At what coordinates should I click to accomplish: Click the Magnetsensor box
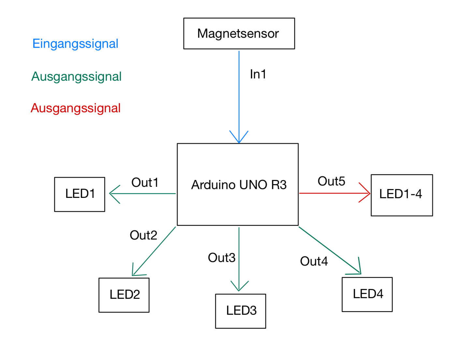coord(239,34)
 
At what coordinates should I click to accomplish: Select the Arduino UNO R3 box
coord(238,185)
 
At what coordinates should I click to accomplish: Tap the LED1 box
coord(79,194)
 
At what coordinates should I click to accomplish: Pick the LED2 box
coord(124,295)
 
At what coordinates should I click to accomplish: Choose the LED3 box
coord(241,311)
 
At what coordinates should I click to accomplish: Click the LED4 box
coord(367,294)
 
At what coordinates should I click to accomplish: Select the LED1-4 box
coord(402,195)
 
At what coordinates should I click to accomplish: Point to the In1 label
coord(258,75)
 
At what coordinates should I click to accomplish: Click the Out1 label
coord(145,183)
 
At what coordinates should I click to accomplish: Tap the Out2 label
coord(143,235)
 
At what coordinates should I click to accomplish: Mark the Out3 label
coord(221,258)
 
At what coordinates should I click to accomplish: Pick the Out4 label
coord(314,261)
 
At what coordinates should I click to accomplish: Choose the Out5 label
coord(331,181)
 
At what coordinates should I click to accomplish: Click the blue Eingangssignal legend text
coord(75,44)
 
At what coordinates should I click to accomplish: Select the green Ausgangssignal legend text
coord(76,76)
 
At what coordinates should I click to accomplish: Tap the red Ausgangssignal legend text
coord(76,108)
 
